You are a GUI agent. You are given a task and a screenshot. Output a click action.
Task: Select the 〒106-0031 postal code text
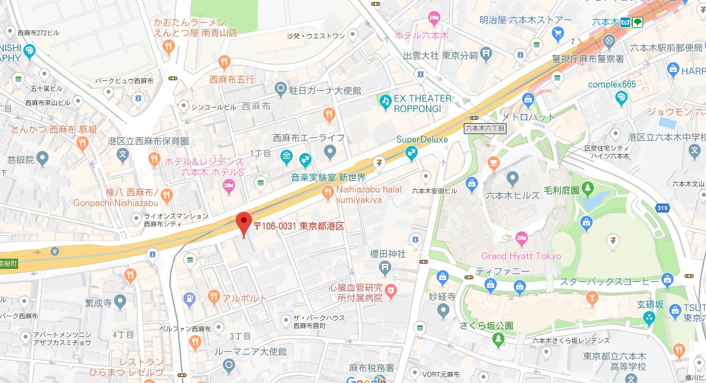point(274,226)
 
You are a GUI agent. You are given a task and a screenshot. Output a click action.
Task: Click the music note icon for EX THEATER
point(385,101)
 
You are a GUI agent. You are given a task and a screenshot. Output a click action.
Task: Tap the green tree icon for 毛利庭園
point(587,189)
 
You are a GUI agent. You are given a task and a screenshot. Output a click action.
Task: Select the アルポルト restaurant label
point(245,298)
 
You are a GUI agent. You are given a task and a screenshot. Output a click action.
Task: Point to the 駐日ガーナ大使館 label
point(326,89)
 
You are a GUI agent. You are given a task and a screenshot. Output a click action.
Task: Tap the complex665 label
point(611,85)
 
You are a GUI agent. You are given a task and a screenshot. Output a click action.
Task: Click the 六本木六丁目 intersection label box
point(485,128)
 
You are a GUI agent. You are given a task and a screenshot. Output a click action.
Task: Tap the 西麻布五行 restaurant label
point(232,80)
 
